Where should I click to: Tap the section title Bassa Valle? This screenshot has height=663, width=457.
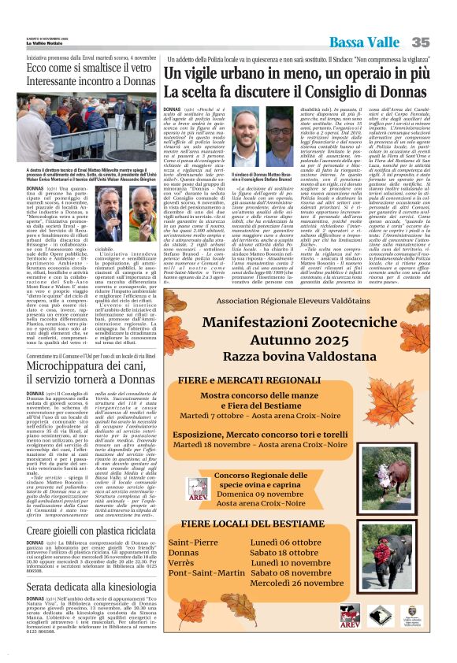click(x=366, y=42)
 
